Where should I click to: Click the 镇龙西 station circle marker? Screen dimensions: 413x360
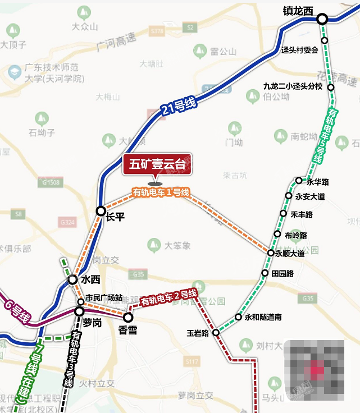[x=322, y=19]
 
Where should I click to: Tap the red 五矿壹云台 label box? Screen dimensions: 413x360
[x=157, y=165]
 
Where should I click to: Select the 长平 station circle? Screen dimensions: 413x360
[x=101, y=211]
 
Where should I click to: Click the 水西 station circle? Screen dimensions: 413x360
[x=72, y=279]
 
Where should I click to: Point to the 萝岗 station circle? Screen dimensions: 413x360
[x=80, y=311]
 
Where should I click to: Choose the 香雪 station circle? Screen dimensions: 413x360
[x=128, y=318]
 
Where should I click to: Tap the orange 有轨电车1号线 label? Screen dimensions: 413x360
[x=161, y=192]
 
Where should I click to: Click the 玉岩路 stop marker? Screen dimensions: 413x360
[x=216, y=333]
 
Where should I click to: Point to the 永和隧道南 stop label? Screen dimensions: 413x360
[x=263, y=318]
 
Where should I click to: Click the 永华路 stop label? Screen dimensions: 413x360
[x=318, y=182]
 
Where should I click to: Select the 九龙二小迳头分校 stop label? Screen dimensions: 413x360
[x=293, y=86]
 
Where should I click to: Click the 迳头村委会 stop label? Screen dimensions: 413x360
[x=299, y=50]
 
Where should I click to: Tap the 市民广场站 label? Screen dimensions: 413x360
[x=104, y=297]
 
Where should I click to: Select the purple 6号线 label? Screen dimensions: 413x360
[x=16, y=312]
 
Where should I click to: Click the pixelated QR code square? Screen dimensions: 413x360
[x=315, y=369]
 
